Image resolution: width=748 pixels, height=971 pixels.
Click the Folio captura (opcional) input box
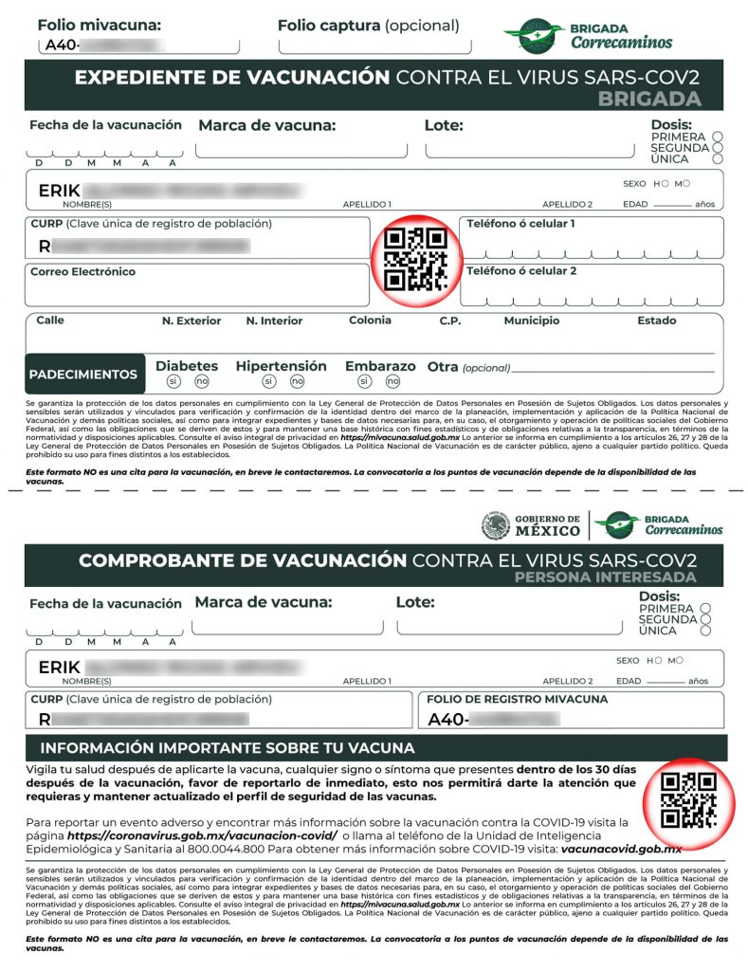374,45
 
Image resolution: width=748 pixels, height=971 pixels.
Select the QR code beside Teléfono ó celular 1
414,259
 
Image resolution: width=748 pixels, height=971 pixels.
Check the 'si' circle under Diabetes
173,381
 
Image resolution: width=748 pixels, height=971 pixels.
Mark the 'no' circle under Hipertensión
297,381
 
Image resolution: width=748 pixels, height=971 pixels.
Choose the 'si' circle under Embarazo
364,381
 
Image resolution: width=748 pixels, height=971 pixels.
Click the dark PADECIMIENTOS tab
83,375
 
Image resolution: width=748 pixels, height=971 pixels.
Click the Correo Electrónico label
83,272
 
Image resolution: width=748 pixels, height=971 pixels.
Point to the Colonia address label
370,321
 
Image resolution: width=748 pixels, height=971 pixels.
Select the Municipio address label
531,321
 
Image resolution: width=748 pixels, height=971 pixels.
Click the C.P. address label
449,321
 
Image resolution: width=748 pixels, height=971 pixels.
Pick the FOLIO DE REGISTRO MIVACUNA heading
517,700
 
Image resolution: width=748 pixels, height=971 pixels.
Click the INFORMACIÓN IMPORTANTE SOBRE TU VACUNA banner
228,748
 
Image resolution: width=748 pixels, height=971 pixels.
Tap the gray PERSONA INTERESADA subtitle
605,577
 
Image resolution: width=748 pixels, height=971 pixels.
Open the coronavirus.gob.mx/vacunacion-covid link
202,835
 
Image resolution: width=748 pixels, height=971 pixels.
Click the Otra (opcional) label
468,367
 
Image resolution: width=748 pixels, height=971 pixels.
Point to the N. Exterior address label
192,321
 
